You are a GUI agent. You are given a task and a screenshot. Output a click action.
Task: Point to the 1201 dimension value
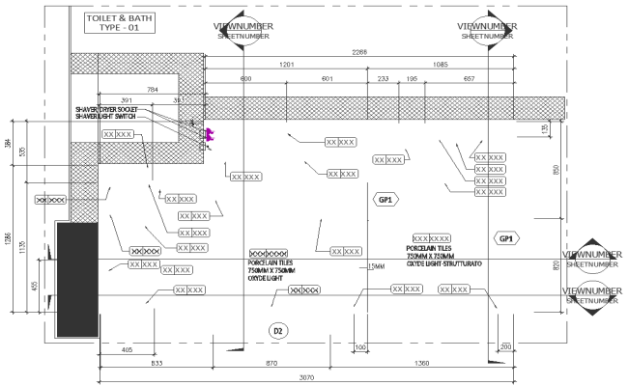(286, 65)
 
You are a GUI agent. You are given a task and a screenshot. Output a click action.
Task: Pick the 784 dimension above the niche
(153, 90)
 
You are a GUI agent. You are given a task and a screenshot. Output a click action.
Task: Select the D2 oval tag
(277, 331)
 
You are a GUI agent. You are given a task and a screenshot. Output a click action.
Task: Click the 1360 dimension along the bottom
(421, 363)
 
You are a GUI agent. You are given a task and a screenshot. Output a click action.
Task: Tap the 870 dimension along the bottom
(271, 363)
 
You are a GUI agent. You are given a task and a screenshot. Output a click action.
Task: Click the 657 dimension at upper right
(470, 78)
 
